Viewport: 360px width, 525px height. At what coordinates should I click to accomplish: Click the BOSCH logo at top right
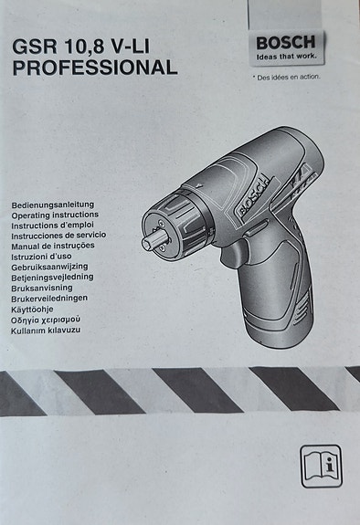[x=285, y=42]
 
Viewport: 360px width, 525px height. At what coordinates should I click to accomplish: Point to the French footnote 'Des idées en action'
[x=287, y=77]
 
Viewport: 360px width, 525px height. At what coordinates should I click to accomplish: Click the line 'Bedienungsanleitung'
[x=52, y=204]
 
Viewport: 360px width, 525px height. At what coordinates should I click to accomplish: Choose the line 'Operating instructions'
[x=54, y=214]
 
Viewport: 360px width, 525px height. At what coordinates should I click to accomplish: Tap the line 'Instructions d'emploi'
[x=53, y=224]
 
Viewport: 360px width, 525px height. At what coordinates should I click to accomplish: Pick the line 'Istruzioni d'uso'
[x=44, y=255]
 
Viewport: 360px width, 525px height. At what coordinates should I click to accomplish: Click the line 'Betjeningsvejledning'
[x=52, y=276]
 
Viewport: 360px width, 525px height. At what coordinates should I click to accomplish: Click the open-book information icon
[x=319, y=465]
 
